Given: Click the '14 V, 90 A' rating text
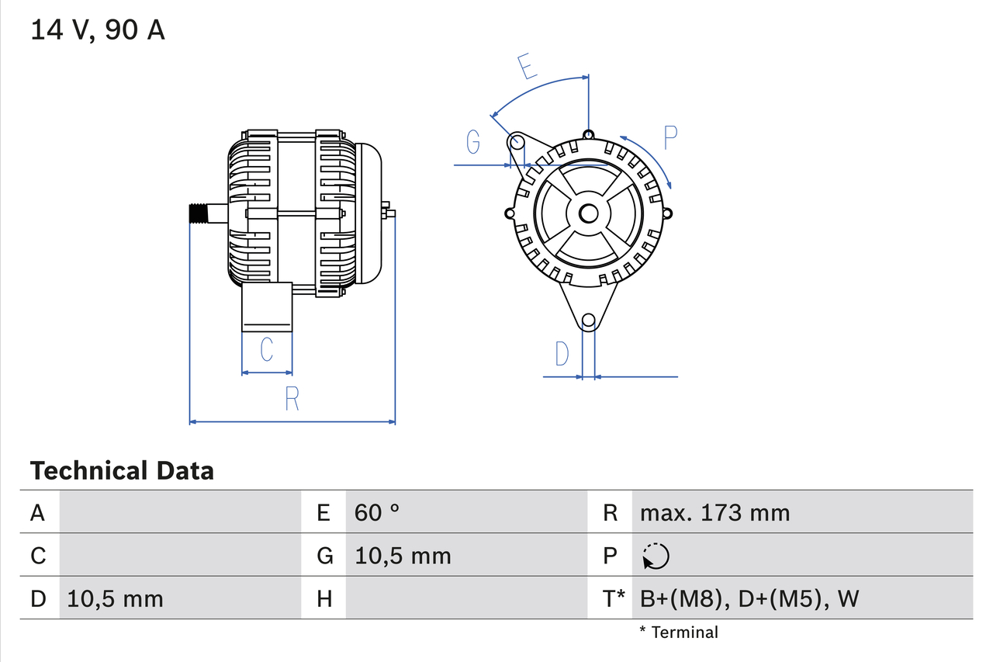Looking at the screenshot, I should pos(98,30).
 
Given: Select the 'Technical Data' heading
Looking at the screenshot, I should pos(122,471).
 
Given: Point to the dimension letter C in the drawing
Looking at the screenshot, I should pos(266,350).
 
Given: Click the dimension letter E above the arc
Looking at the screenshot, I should pos(527,67).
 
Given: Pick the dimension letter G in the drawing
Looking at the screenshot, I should pos(472,142).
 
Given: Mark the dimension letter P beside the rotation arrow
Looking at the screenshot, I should pos(670,137).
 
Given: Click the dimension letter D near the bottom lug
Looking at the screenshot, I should pos(562,354).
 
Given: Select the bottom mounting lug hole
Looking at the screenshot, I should pos(589,320).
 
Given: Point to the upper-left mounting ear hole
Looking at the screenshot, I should pos(517,142).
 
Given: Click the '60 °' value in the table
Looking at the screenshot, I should pos(377,512).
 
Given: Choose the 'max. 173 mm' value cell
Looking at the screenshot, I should pos(714,512).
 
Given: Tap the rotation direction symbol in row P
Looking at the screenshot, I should pos(656,556).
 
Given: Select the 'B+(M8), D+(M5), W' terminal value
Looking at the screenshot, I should pos(749,598).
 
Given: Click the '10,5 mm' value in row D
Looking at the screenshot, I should pos(116,598).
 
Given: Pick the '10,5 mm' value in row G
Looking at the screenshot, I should pos(403,556).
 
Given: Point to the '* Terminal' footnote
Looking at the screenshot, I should pos(679,633).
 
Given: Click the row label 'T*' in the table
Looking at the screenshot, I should pos(614,598).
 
